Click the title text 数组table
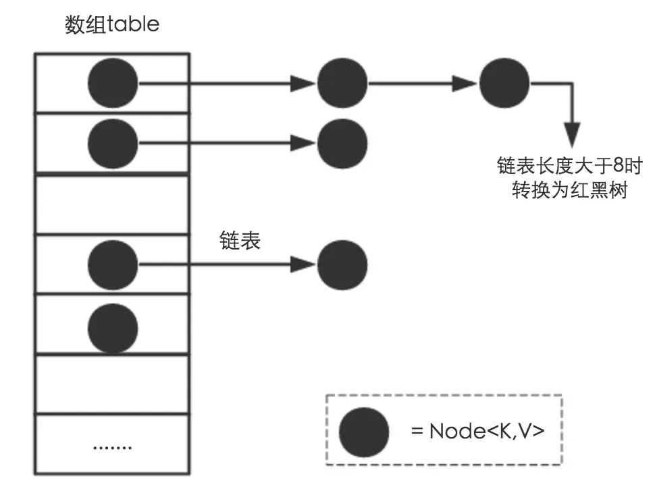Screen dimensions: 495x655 pos(112,25)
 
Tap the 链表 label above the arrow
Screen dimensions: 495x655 pos(240,241)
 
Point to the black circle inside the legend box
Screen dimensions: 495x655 pos(364,432)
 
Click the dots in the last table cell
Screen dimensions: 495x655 pos(112,446)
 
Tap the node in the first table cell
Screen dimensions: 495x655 pos(113,84)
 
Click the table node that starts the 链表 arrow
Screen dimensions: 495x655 pos(113,264)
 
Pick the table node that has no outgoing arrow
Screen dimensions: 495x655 pos(113,326)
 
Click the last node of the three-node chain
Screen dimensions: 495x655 pos(505,84)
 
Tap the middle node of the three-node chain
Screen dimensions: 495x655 pos(342,84)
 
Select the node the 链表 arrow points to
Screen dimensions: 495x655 pos(342,264)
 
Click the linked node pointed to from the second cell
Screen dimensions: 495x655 pos(342,143)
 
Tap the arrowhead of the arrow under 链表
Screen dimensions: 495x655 pos(303,264)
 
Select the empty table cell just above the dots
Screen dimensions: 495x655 pos(112,384)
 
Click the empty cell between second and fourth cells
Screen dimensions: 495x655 pos(112,204)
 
